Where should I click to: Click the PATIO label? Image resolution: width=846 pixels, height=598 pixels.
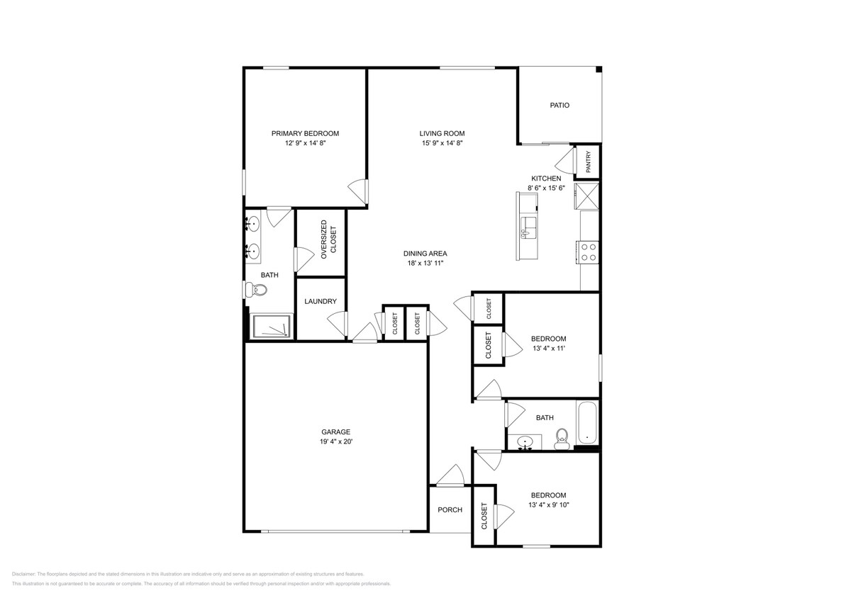560,106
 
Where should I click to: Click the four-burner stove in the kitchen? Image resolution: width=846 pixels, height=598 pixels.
589,252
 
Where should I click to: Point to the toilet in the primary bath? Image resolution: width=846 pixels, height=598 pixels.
256,290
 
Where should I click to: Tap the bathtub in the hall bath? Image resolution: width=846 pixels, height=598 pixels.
587,423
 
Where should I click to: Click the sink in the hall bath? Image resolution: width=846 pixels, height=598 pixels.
525,443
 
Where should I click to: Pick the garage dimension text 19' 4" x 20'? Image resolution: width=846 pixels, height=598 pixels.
335,441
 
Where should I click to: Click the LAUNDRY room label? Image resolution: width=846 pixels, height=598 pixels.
320,302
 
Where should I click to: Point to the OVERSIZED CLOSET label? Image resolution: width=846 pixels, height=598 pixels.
329,240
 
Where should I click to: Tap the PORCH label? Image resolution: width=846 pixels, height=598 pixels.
450,510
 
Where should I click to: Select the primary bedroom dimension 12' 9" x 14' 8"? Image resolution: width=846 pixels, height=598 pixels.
305,142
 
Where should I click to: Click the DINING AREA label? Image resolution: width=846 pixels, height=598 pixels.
425,254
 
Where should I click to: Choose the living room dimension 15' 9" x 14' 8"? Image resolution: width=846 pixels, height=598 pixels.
442,142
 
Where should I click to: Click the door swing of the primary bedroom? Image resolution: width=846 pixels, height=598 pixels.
357,190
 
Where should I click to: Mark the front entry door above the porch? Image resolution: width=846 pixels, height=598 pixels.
450,478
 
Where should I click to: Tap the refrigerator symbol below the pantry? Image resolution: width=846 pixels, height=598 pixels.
588,196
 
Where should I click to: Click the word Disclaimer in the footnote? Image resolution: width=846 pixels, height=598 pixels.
23,574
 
